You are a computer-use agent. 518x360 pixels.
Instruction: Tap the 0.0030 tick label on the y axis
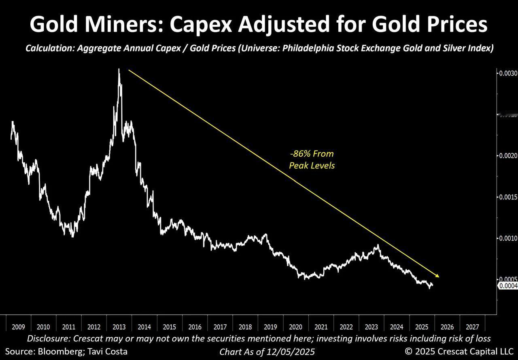(x=507, y=74)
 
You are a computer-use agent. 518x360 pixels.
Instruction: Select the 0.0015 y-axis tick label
(x=507, y=197)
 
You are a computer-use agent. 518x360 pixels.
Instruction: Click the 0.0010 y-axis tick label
(x=507, y=238)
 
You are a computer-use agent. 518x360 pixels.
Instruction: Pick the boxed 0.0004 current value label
(x=508, y=286)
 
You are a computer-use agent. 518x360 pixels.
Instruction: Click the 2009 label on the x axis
(x=19, y=326)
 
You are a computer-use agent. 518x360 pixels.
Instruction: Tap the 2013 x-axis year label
(x=119, y=326)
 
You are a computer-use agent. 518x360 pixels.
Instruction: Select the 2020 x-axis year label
(x=296, y=326)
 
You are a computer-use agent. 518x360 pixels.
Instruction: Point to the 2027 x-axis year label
(x=473, y=326)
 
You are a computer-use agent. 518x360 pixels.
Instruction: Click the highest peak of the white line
(x=119, y=70)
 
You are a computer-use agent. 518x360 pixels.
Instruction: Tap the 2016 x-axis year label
(x=195, y=326)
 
